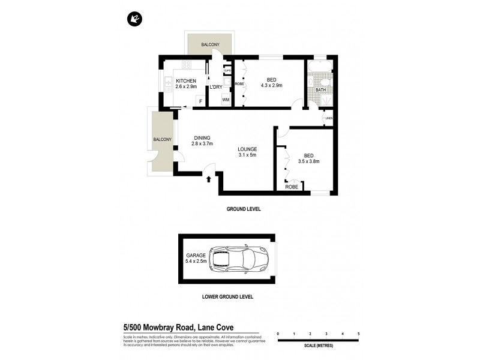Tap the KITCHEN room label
point(186,81)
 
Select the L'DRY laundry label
point(215,88)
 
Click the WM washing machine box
point(226,100)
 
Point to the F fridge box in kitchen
point(200,101)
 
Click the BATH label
point(320,90)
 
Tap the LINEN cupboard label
point(328,118)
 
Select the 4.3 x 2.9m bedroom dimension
point(271,86)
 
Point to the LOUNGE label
point(247,149)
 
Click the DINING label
point(202,137)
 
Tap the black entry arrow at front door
point(208,178)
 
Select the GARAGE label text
point(196,256)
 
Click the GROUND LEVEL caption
point(244,209)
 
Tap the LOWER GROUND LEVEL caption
point(227,297)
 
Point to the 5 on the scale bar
point(358,333)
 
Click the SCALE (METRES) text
point(318,346)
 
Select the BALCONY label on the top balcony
point(211,44)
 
